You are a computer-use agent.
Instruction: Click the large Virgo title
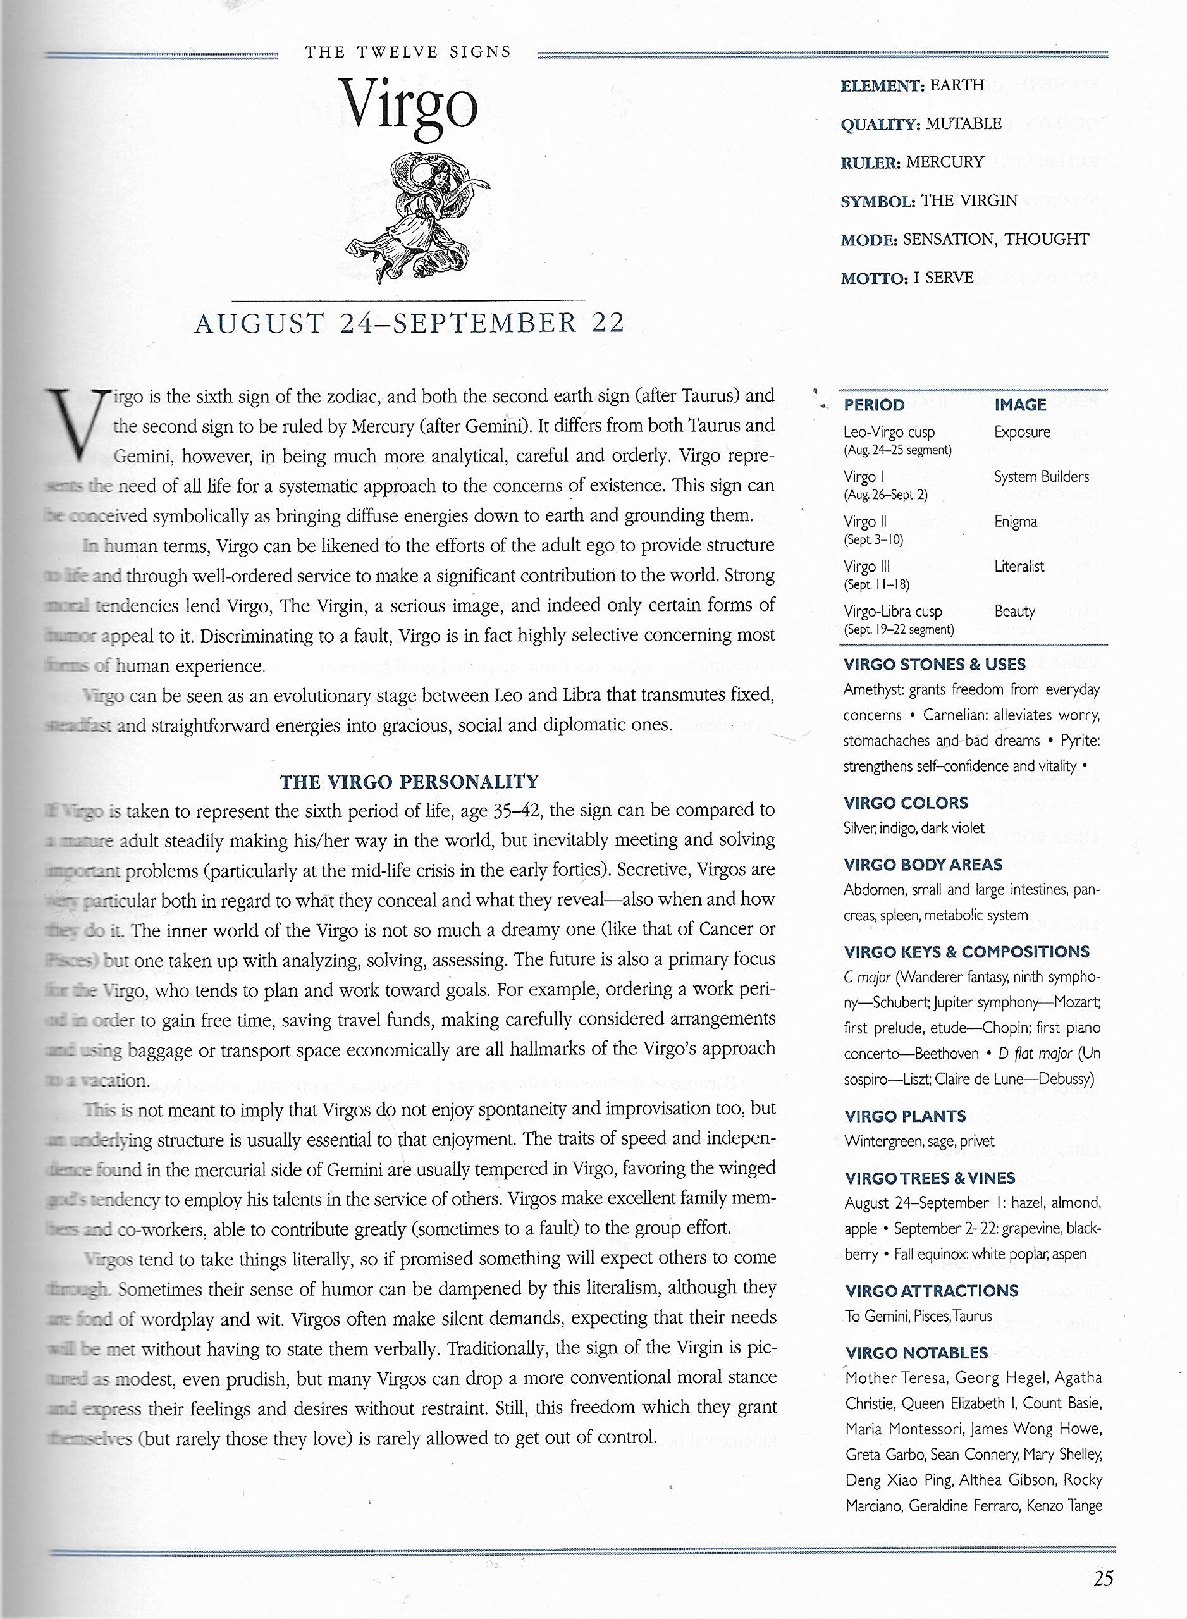coord(408,108)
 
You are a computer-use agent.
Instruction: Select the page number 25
coord(1103,1578)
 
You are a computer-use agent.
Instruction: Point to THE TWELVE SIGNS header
coord(407,52)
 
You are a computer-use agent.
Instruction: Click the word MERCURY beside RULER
coord(945,163)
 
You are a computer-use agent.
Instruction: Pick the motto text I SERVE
coord(943,278)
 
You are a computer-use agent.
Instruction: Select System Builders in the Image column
coord(1041,476)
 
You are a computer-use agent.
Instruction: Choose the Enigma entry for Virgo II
coord(1015,522)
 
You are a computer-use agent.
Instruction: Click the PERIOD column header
coord(874,405)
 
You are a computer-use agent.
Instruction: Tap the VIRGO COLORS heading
coord(906,803)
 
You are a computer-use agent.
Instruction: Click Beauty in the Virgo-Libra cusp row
coord(1014,612)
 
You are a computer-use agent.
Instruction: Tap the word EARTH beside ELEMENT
coord(957,85)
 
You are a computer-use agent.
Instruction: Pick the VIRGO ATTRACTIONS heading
coord(932,1291)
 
